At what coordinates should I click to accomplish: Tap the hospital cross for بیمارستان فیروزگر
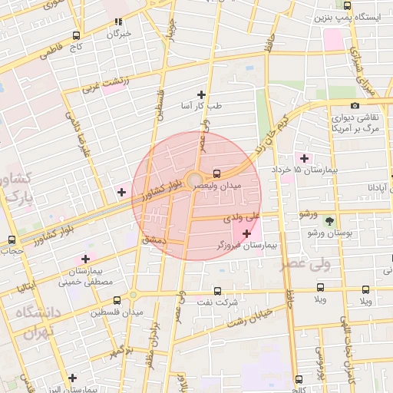click(x=246, y=233)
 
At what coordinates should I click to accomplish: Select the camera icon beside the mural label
click(x=354, y=105)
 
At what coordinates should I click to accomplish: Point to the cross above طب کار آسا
click(x=202, y=94)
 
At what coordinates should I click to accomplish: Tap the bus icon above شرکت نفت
click(x=216, y=291)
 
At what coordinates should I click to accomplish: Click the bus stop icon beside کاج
click(x=76, y=35)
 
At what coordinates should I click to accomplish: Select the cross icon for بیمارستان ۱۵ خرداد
click(x=305, y=158)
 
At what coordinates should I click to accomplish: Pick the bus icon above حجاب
click(x=11, y=239)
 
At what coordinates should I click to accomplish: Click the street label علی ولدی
click(x=242, y=219)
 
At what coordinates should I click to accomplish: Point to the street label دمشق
click(x=154, y=241)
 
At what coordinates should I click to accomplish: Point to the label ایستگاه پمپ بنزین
click(x=352, y=16)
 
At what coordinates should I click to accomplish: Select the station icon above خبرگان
click(x=117, y=22)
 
